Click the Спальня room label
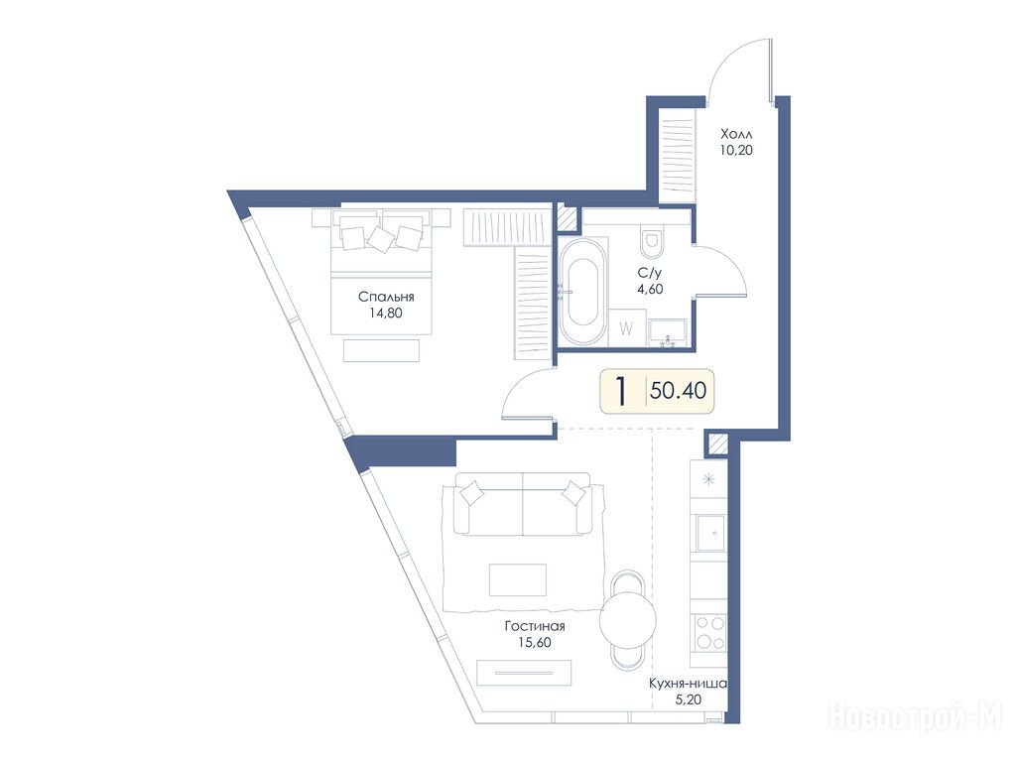(386, 297)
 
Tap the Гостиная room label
(535, 626)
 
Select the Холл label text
(737, 135)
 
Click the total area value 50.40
(679, 391)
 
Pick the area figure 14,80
(386, 313)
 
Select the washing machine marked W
(627, 328)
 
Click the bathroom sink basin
(669, 333)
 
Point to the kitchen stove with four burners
(709, 633)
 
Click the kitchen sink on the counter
(710, 533)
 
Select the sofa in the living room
(523, 503)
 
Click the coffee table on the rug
(518, 579)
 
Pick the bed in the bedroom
(381, 271)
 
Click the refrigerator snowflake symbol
(709, 479)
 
